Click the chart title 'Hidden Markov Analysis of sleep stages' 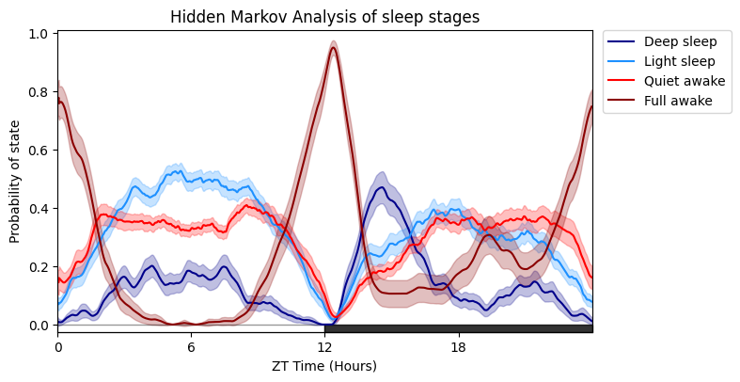[324, 17]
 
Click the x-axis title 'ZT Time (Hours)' [324, 366]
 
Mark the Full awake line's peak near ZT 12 [333, 48]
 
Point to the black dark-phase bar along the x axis [458, 328]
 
